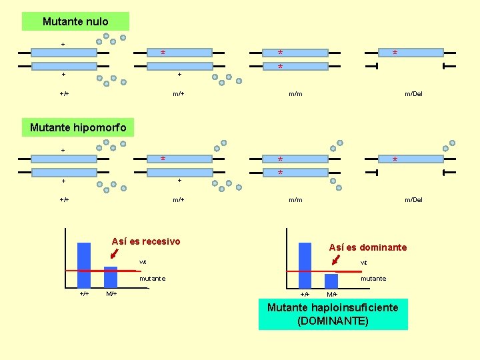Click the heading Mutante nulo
click(x=75, y=21)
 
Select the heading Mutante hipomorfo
click(x=78, y=127)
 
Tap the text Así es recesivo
click(x=146, y=241)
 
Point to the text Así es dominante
click(x=367, y=247)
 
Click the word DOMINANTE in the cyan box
click(x=333, y=321)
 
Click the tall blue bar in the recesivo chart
click(x=84, y=265)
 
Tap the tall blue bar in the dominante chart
click(x=305, y=265)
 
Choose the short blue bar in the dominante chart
click(x=331, y=281)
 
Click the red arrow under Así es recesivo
click(x=115, y=253)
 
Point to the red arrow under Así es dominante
click(x=335, y=259)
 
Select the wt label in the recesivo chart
click(x=143, y=262)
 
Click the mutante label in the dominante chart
click(x=373, y=279)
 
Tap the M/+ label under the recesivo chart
click(x=111, y=294)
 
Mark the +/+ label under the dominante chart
click(x=305, y=294)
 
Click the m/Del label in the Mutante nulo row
click(x=413, y=94)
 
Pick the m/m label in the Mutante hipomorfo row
click(x=295, y=200)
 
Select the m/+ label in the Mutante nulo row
click(x=179, y=94)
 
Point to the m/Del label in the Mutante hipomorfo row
click(x=413, y=200)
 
